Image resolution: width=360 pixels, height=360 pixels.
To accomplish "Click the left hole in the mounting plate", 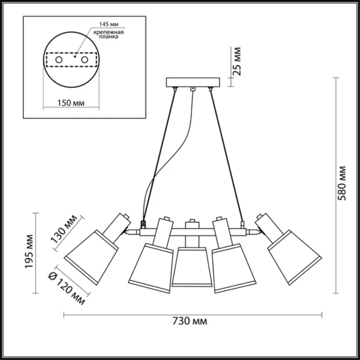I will tap(59, 61).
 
